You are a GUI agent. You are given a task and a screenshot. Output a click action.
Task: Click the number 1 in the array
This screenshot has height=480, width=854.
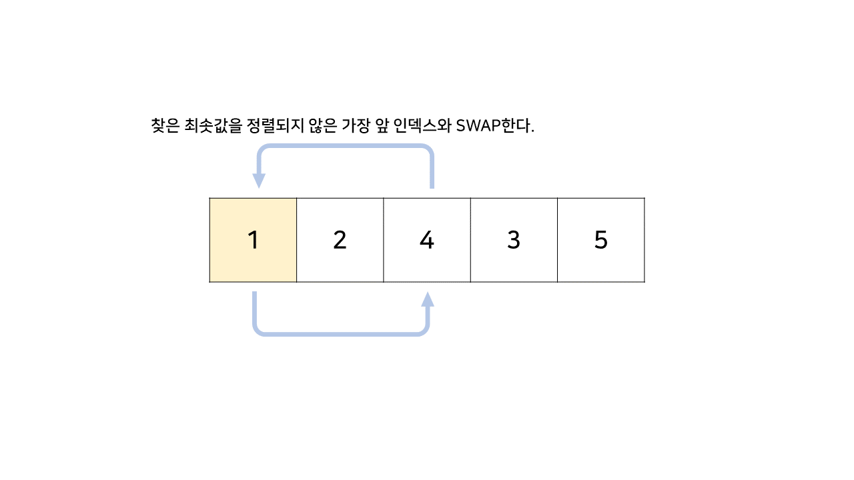pos(253,240)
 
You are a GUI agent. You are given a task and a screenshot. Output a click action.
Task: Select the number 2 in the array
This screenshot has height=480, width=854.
pos(340,240)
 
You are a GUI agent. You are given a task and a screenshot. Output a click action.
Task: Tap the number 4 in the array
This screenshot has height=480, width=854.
pos(427,240)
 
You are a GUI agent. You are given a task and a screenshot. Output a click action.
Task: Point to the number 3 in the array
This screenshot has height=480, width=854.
pos(513,240)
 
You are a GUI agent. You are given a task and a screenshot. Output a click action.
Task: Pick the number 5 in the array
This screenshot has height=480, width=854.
pos(601,240)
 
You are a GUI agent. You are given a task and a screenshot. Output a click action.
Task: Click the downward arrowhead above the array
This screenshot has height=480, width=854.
pos(259,181)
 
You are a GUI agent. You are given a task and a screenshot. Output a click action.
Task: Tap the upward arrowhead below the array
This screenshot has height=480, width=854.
pos(428,299)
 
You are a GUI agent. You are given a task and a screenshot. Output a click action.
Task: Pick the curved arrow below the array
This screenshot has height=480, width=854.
pos(340,332)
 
